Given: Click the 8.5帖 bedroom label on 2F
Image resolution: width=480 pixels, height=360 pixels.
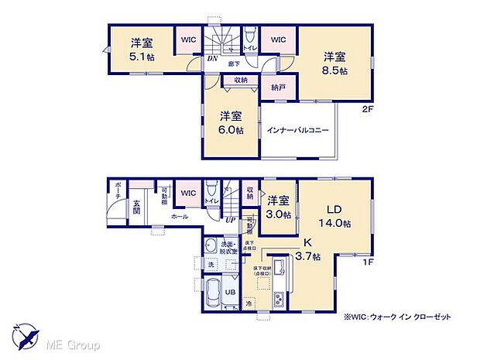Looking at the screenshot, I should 334,63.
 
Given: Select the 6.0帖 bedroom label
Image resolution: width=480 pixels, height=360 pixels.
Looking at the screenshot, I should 231,122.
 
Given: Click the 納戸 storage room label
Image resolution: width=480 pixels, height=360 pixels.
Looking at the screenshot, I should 278,88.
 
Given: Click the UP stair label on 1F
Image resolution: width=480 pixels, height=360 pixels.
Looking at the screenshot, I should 230,220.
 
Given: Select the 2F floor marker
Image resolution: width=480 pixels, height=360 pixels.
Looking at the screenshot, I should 367,108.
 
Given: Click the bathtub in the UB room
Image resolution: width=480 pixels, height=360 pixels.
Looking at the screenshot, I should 213,293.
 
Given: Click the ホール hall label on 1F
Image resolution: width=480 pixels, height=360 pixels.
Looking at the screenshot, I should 179,218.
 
